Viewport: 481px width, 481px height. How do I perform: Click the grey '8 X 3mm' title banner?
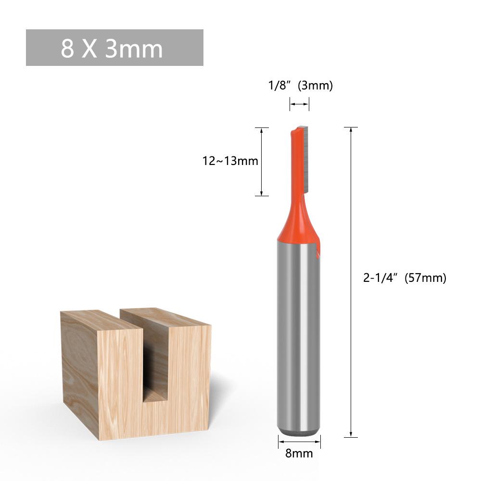pyautogui.click(x=114, y=48)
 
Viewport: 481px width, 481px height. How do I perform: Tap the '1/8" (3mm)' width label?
pyautogui.click(x=300, y=86)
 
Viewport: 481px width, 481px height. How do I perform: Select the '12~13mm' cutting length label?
pyautogui.click(x=230, y=161)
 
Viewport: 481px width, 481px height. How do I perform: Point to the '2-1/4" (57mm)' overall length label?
pyautogui.click(x=404, y=278)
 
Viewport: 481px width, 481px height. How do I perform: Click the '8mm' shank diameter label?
pyautogui.click(x=299, y=453)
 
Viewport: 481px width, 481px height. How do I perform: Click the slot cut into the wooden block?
pyautogui.click(x=156, y=361)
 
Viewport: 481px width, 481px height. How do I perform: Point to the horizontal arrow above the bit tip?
pyautogui.click(x=299, y=103)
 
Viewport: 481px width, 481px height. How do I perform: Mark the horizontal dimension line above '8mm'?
pyautogui.click(x=299, y=441)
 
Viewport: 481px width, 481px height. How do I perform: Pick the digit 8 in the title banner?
pyautogui.click(x=67, y=48)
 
